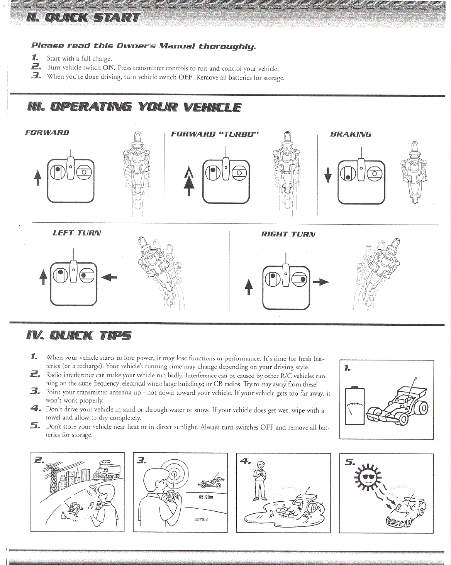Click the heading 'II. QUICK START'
(x=83, y=17)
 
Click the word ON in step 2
(x=109, y=68)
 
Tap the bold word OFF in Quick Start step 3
(x=185, y=77)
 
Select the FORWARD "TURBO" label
(x=215, y=134)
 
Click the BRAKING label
(x=351, y=134)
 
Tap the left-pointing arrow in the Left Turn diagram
(x=109, y=277)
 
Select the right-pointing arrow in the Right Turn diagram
(x=321, y=282)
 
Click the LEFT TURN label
(x=77, y=233)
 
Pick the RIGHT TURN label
(x=288, y=234)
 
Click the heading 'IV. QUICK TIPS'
(x=79, y=335)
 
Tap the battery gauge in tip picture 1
(x=354, y=406)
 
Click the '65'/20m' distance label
(x=206, y=497)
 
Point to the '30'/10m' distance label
(x=201, y=519)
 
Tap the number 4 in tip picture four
(x=245, y=461)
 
